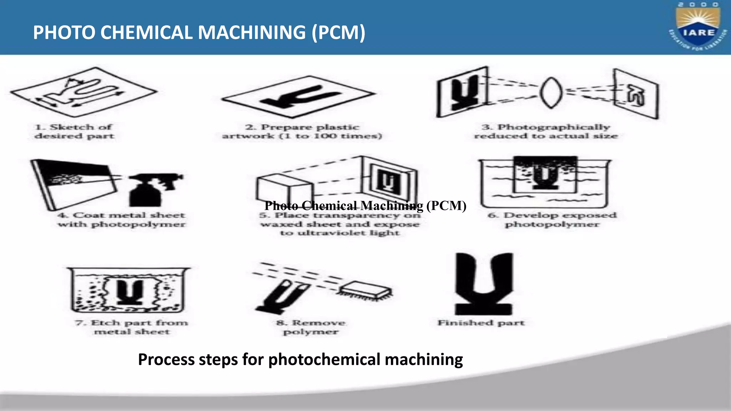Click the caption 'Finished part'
pyautogui.click(x=481, y=323)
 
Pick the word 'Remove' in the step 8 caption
pyautogui.click(x=318, y=323)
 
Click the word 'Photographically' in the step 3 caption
pyautogui.click(x=554, y=127)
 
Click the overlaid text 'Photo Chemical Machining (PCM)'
pyautogui.click(x=365, y=206)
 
